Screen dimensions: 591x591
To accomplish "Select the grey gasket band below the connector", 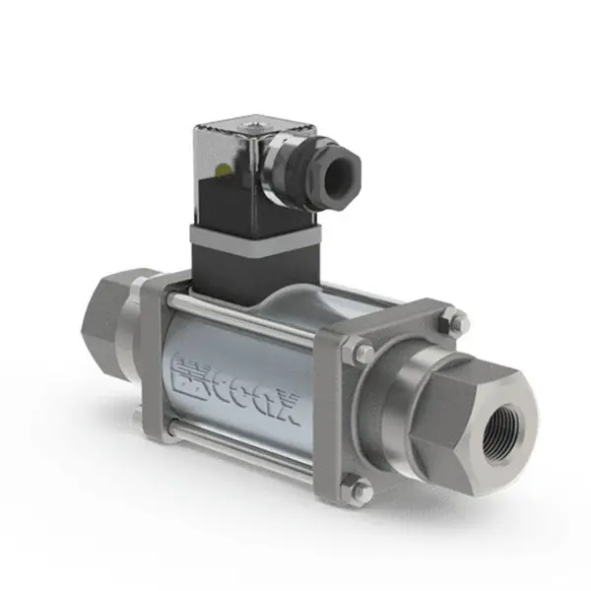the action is click(x=255, y=238).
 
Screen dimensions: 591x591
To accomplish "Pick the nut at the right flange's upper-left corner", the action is click(x=359, y=353).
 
